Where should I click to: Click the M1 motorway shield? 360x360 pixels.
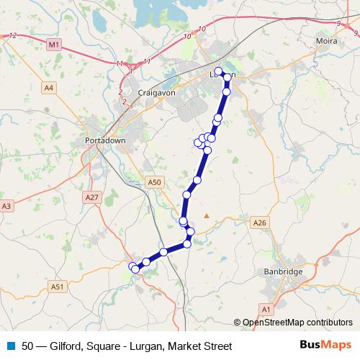point(55,45)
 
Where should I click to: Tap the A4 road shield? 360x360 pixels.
point(48,88)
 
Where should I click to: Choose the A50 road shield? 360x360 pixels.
point(153,183)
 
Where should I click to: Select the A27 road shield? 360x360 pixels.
point(91,197)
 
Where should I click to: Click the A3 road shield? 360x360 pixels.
point(6,206)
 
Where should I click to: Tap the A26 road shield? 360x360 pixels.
point(260,223)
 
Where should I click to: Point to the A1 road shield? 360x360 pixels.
point(266,309)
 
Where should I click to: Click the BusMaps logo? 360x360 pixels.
point(325,346)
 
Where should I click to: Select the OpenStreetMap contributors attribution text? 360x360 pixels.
point(296,323)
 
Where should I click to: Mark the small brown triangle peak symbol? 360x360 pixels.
point(207,215)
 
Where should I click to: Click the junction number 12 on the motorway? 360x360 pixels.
point(12,35)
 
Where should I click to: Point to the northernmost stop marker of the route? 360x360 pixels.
point(219,71)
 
